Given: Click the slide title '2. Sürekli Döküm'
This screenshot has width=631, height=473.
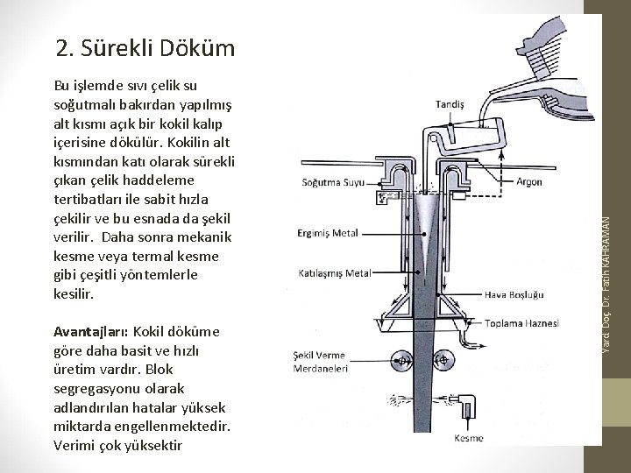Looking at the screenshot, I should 145,46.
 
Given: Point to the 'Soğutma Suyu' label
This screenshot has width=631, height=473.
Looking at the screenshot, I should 329,183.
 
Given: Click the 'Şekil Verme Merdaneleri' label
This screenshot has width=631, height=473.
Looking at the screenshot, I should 320,363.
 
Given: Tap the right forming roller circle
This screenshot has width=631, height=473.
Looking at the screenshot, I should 443,359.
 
